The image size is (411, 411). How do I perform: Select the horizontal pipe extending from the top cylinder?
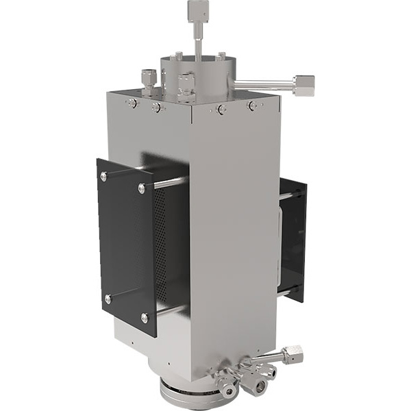pyautogui.click(x=264, y=85)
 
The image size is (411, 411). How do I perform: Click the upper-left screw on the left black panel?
pyautogui.click(x=103, y=177)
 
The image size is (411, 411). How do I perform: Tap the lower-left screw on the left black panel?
pyautogui.click(x=107, y=299)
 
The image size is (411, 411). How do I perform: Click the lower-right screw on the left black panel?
pyautogui.click(x=144, y=318)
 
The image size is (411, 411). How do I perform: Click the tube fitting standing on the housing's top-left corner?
pyautogui.click(x=148, y=80)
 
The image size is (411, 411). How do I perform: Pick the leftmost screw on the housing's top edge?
pyautogui.click(x=131, y=103)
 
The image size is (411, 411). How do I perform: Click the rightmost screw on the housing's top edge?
pyautogui.click(x=253, y=105)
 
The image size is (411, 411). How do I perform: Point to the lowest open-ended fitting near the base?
pyautogui.click(x=259, y=387)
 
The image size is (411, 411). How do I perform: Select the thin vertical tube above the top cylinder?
pyautogui.click(x=197, y=41)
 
